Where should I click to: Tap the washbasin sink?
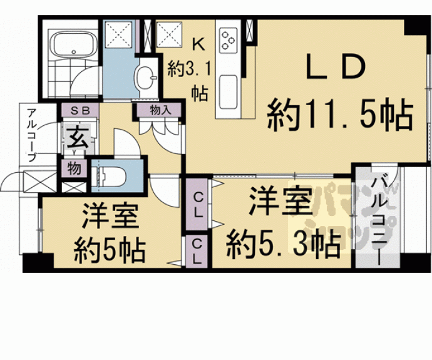[x=145, y=78]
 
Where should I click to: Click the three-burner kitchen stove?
[x=229, y=40]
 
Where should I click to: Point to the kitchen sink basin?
[x=229, y=92]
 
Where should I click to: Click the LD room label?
[x=336, y=67]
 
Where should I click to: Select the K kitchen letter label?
[x=198, y=44]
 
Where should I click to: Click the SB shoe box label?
[x=80, y=110]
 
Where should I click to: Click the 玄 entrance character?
[x=78, y=137]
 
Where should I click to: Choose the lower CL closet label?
[x=197, y=252]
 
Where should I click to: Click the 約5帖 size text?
[x=109, y=251]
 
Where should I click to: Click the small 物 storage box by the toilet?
[x=74, y=168]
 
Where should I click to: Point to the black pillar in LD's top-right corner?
[x=416, y=28]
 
